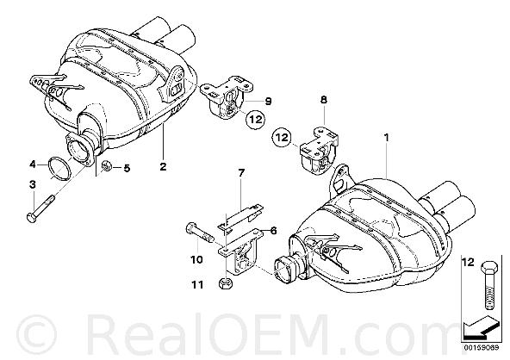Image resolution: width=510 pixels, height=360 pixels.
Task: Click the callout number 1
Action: coord(386,138)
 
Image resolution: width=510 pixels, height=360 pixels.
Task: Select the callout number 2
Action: coord(163,166)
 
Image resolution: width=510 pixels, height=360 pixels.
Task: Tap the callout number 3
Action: coord(33,184)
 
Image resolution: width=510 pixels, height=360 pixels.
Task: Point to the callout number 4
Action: coord(33,164)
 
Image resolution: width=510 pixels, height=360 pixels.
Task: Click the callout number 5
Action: coord(127,168)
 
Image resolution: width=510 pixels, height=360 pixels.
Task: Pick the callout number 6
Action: coord(274,231)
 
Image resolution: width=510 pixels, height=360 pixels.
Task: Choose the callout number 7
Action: coord(241,173)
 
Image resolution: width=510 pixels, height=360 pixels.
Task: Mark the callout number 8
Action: coord(324,100)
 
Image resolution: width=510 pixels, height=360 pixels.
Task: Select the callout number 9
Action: coord(268,101)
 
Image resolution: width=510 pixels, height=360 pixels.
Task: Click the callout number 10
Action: coord(196,259)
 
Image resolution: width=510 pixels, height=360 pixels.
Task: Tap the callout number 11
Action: coord(197,285)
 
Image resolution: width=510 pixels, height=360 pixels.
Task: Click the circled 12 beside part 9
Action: coord(255,120)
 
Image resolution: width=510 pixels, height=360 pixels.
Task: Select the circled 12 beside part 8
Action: coord(282,137)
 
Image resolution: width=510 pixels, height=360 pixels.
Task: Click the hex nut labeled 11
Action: coord(225,283)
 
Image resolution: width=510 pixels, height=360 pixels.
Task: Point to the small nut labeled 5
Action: coord(106,166)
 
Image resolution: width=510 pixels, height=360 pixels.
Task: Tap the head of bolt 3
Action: coord(31,218)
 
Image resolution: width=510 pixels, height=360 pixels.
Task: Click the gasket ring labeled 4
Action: coord(59,169)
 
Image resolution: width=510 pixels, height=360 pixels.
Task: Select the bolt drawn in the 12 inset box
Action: coord(489,285)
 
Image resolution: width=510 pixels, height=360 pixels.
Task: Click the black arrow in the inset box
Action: coord(481,326)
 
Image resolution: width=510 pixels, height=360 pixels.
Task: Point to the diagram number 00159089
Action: coord(482,347)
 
